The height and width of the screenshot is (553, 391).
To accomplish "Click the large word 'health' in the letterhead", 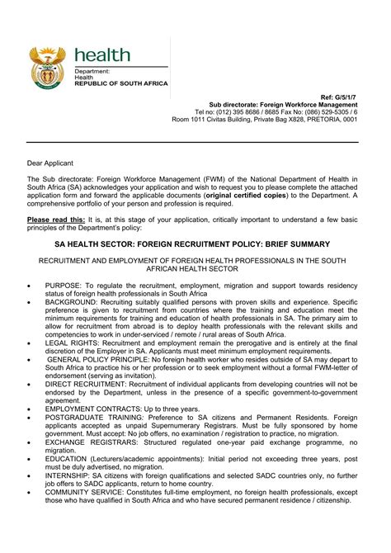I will (102, 55).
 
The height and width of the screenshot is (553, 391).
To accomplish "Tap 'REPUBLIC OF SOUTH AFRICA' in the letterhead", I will (121, 83).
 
